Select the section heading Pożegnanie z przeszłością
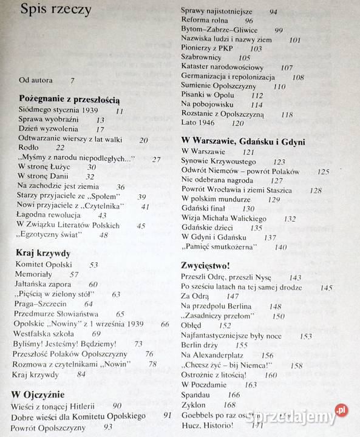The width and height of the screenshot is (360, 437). pos(69,99)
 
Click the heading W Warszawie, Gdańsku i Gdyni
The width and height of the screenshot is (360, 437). pos(243,141)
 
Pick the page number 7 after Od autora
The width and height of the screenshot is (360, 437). pos(72,80)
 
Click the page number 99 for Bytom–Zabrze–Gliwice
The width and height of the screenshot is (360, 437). pos(278,30)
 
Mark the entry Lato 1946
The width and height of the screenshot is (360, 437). pos(197,122)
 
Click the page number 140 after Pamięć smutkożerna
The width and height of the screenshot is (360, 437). pos(280,247)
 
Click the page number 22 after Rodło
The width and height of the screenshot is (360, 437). pos(59,147)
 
